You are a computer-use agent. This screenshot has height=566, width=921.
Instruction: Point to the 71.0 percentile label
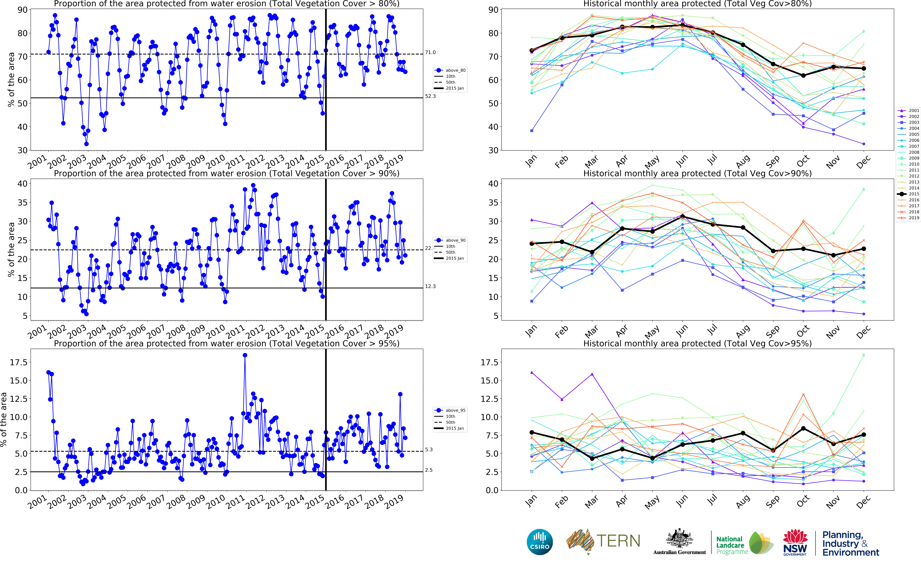430,52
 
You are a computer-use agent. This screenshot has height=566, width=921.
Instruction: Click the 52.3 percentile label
430,96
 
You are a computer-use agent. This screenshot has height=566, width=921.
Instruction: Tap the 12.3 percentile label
430,286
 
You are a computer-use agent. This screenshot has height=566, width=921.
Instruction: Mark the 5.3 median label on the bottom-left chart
429,450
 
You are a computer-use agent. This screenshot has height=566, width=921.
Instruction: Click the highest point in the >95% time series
245,355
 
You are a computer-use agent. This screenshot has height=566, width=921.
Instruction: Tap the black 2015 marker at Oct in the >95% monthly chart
803,428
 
